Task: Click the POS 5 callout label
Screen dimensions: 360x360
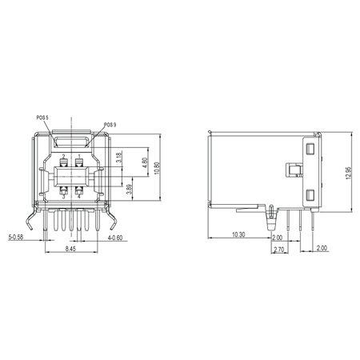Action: tap(42, 118)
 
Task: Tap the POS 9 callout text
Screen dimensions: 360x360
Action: tap(110, 125)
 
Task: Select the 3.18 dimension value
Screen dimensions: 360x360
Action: tap(119, 158)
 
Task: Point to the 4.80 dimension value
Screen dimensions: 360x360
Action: tap(145, 162)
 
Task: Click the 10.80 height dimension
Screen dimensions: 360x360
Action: tap(157, 168)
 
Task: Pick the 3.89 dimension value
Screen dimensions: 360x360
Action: tap(129, 189)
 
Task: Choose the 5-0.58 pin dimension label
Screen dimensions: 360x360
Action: tap(16, 237)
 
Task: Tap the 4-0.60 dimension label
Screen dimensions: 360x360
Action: tap(115, 238)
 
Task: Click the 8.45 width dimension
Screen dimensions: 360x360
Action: tap(70, 249)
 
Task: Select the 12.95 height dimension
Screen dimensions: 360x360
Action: tap(349, 173)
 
